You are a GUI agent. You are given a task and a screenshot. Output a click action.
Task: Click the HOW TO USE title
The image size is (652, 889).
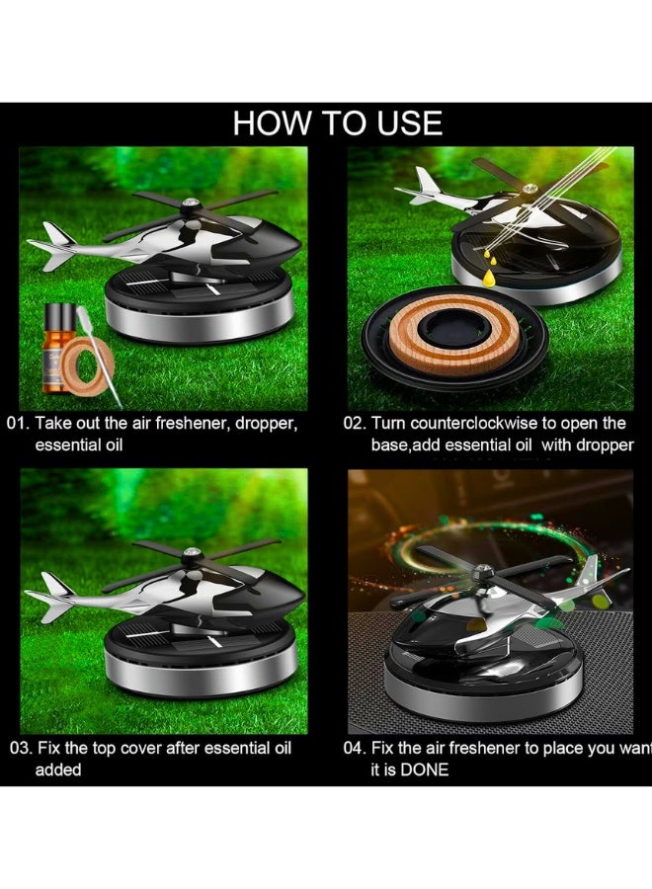(x=337, y=123)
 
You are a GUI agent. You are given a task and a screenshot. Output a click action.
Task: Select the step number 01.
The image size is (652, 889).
(x=20, y=423)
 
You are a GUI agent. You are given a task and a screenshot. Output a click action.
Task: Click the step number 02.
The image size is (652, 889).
(x=355, y=423)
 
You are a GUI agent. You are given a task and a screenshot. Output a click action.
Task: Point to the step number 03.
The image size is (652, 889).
(x=20, y=748)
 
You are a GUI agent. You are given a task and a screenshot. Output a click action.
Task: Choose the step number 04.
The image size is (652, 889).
(x=355, y=748)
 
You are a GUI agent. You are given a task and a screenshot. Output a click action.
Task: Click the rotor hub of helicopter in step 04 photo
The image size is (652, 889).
(x=483, y=571)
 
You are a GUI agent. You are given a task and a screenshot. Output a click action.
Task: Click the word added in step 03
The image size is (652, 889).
(x=58, y=769)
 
